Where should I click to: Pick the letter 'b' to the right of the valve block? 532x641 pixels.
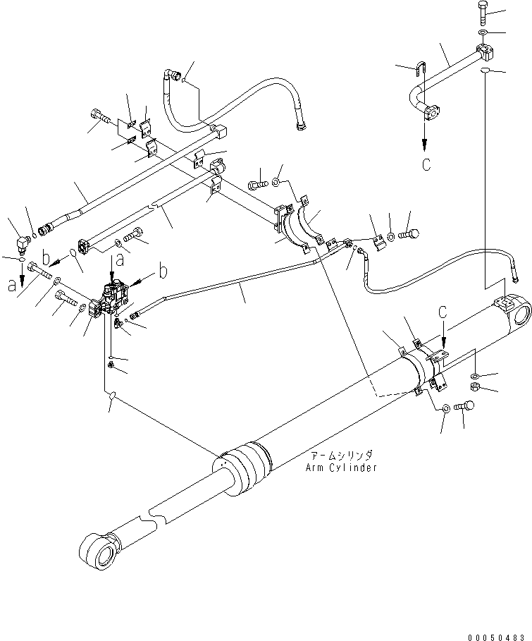pyautogui.click(x=164, y=269)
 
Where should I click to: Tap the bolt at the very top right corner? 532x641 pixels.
pyautogui.click(x=482, y=12)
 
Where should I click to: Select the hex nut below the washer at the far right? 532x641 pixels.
pyautogui.click(x=476, y=389)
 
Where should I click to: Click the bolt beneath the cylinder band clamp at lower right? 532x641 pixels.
pyautogui.click(x=464, y=408)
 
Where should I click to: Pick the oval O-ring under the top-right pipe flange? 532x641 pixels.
pyautogui.click(x=484, y=72)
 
